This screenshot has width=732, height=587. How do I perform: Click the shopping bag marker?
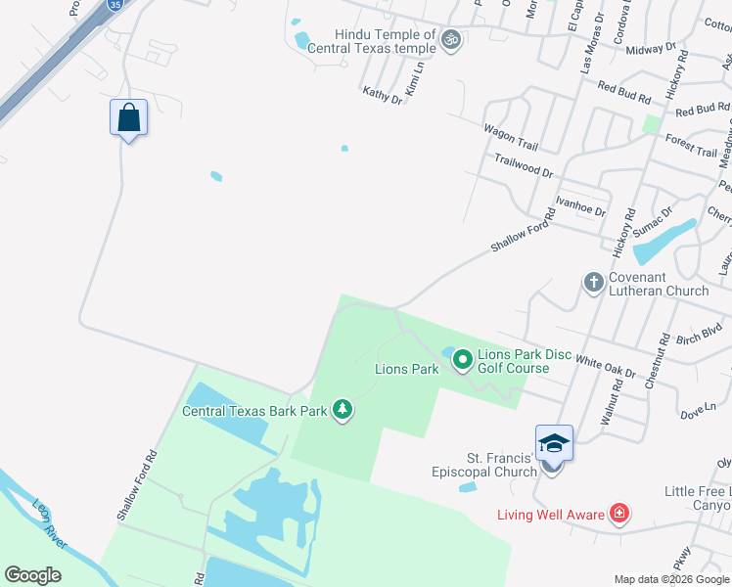[128, 118]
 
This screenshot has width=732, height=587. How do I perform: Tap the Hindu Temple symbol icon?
[450, 40]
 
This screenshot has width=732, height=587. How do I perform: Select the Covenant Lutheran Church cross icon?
[593, 283]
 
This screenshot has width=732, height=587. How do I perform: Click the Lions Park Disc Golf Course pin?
[462, 361]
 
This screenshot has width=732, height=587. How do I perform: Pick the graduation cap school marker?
[553, 444]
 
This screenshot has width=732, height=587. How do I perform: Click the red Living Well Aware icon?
[618, 513]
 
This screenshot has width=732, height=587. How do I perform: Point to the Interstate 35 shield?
[114, 3]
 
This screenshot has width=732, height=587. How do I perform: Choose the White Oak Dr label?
[605, 367]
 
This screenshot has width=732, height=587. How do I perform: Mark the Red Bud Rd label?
[623, 95]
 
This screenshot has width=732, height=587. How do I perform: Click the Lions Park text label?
[406, 369]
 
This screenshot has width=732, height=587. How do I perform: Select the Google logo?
[32, 575]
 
